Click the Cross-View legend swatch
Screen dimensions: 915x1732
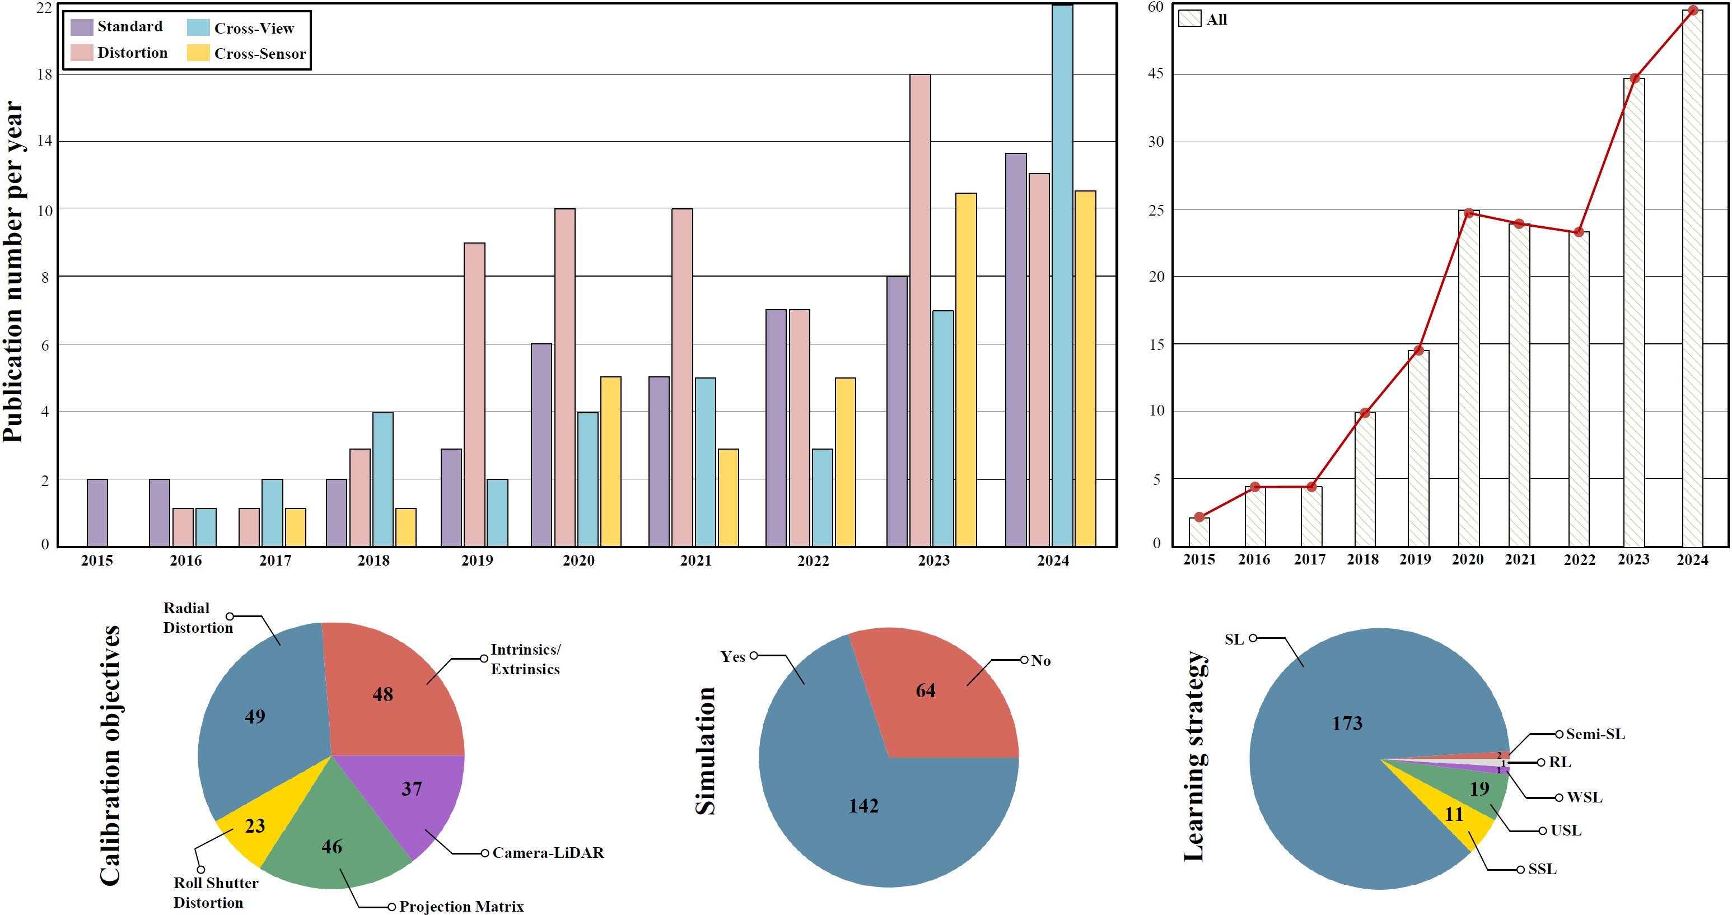(x=198, y=27)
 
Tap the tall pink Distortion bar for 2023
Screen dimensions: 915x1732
(x=920, y=309)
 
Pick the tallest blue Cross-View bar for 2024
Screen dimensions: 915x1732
(x=1062, y=276)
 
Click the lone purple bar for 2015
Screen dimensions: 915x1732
(x=97, y=512)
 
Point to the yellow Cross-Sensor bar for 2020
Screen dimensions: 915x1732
(x=610, y=461)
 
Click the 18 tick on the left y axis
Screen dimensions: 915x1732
(x=44, y=74)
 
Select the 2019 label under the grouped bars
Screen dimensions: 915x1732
(x=477, y=561)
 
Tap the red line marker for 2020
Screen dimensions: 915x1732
(x=1469, y=213)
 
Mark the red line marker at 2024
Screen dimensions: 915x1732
(x=1693, y=11)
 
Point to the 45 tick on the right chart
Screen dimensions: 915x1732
(x=1156, y=73)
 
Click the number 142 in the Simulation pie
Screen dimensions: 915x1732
(x=863, y=805)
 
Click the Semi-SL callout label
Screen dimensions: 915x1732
(x=1595, y=734)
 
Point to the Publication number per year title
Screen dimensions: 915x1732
(x=13, y=272)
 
